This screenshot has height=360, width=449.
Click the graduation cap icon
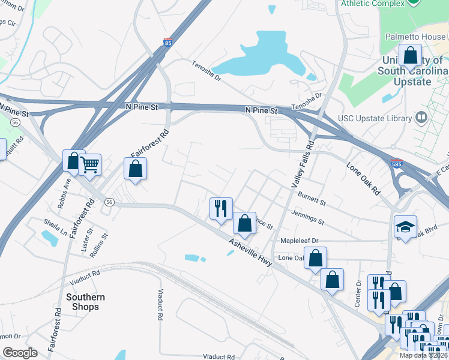(x=405, y=227)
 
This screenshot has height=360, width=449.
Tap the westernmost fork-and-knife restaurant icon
(x=220, y=208)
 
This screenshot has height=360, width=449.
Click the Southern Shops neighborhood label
(x=85, y=302)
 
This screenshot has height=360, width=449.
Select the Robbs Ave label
(x=64, y=197)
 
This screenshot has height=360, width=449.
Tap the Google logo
(x=20, y=353)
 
